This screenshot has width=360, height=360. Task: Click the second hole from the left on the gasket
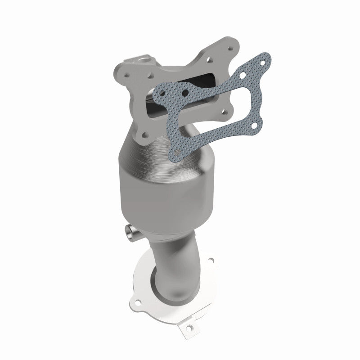pyautogui.click(x=184, y=94)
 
